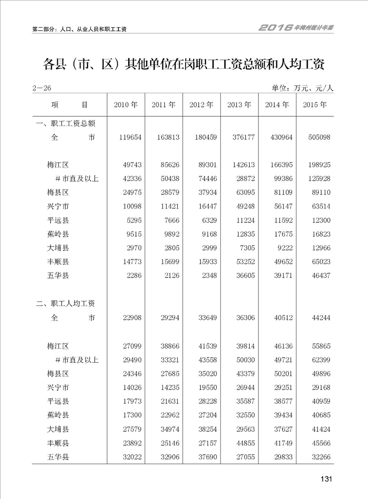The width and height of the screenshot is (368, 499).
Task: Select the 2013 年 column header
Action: point(239,105)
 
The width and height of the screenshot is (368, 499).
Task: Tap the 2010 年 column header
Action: point(126,105)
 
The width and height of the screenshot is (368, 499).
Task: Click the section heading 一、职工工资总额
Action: point(66,123)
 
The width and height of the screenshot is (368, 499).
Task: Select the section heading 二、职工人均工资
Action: point(66,304)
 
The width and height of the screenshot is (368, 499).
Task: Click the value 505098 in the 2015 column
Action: point(319,137)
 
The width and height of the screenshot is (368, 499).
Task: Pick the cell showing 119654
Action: point(129,137)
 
